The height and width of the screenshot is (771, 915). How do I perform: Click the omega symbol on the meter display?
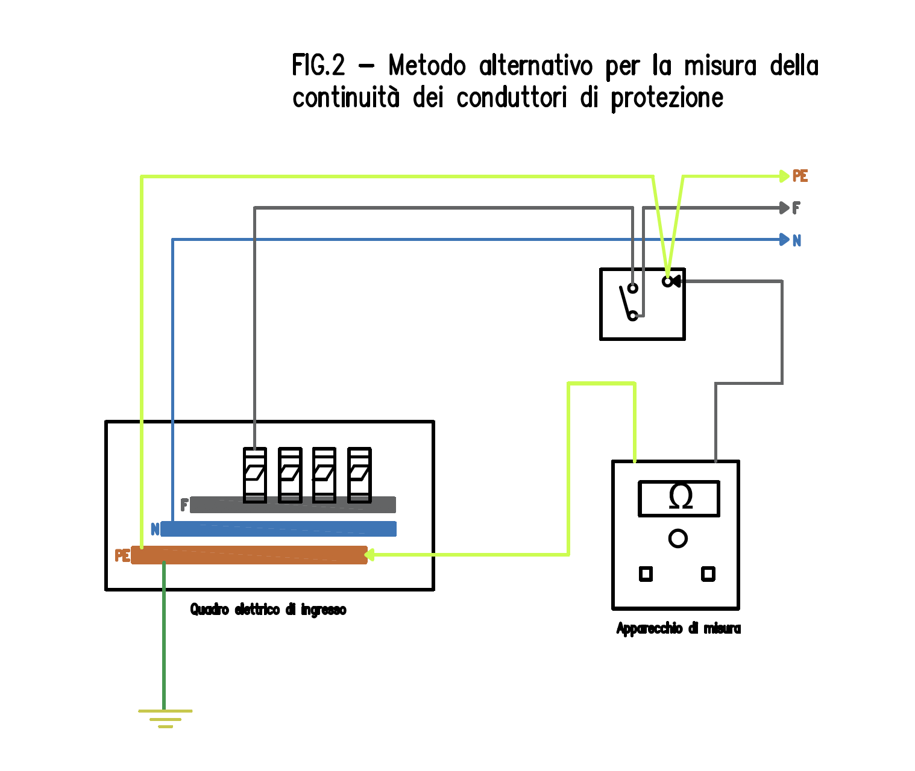[x=681, y=498]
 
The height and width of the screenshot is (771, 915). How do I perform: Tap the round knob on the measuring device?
[x=678, y=538]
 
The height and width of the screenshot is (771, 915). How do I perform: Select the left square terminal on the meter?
[x=646, y=574]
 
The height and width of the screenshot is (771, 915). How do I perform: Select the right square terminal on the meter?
[x=708, y=574]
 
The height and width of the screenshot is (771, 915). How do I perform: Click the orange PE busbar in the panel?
[x=249, y=555]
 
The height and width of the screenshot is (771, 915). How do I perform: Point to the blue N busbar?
[x=278, y=529]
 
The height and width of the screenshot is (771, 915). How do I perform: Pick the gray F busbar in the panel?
[x=293, y=505]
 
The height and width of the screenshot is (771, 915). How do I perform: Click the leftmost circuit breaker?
[x=255, y=475]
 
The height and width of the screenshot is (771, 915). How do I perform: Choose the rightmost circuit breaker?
[x=359, y=475]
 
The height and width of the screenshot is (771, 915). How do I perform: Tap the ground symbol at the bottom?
[x=165, y=717]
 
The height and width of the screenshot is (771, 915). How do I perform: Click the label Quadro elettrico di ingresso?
[x=268, y=610]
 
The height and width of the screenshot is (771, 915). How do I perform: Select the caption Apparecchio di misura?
[x=678, y=628]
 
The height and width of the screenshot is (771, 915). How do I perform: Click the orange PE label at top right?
[x=800, y=176]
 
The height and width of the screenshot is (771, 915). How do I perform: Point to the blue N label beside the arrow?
[x=797, y=240]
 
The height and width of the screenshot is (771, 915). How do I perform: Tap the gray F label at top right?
[x=796, y=208]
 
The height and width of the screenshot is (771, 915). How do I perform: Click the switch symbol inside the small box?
[x=630, y=302]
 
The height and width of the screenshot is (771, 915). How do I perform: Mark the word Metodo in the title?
[x=427, y=65]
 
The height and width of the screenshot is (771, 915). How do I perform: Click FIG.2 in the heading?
[x=319, y=65]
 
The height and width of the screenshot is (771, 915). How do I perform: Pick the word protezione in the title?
[x=667, y=98]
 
